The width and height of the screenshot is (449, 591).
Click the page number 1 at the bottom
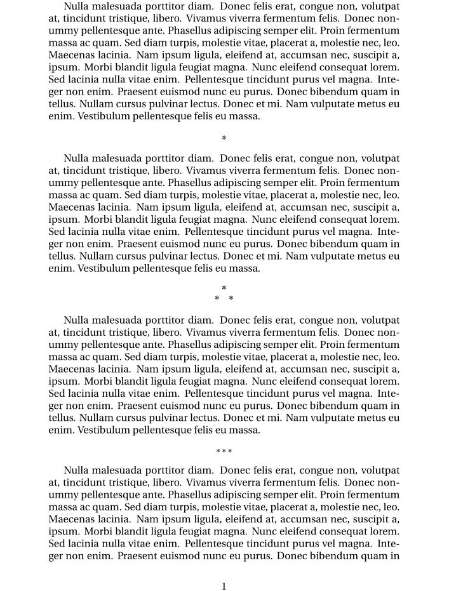224,586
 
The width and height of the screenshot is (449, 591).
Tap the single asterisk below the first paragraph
224,138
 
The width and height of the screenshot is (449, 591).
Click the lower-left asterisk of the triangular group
217,298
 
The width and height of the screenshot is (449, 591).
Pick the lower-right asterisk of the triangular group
231,298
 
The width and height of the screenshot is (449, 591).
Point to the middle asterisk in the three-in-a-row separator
224,451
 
